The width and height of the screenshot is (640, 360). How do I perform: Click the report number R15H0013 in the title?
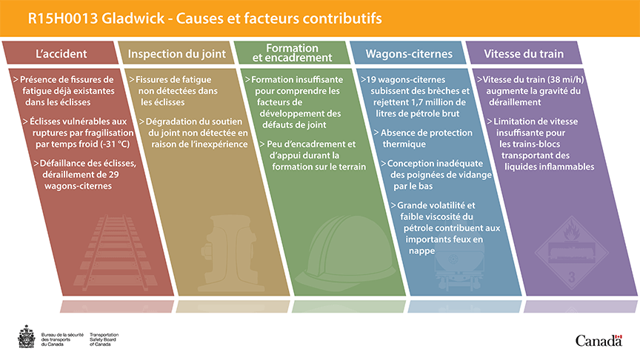tap(62, 19)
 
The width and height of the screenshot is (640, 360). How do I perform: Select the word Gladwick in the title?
tap(133, 19)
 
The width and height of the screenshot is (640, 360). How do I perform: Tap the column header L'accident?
tap(61, 54)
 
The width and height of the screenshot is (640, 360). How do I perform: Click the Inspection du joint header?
tap(177, 54)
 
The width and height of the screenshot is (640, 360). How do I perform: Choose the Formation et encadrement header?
tap(293, 53)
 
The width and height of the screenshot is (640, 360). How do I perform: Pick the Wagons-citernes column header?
tap(409, 54)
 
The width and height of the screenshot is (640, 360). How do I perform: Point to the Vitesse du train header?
tap(524, 54)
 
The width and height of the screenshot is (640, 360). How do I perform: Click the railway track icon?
tap(115, 253)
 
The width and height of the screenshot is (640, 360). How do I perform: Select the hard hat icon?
tap(345, 253)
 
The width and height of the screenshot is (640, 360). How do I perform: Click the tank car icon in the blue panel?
tap(459, 267)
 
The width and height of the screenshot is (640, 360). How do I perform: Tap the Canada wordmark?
tap(599, 341)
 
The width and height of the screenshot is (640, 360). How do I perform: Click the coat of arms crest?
tap(27, 337)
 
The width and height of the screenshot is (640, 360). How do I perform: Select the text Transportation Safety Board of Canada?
tap(104, 339)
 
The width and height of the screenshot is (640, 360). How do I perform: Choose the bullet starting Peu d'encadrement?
tap(313, 156)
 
